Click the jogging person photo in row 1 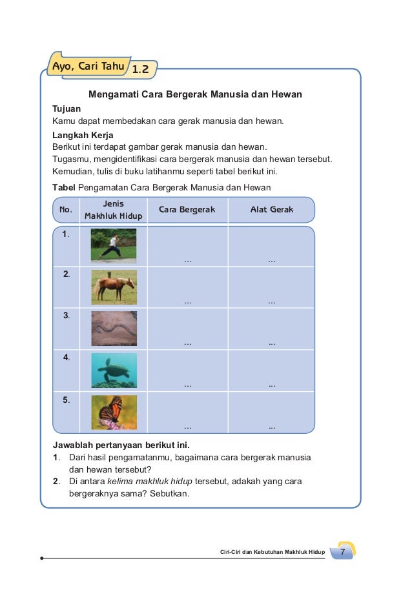coord(114,245)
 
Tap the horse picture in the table coord(114,287)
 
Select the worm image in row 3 coord(114,329)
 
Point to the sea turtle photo coord(114,370)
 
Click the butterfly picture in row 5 coord(114,412)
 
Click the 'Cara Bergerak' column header coord(187,210)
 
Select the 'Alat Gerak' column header coord(271,210)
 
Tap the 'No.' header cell coord(65,210)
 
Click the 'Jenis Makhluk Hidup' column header coord(113,210)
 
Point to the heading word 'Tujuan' coord(67,109)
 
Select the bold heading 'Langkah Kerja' coord(83,136)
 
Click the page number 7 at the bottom coord(343,552)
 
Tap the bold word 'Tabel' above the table coord(64,188)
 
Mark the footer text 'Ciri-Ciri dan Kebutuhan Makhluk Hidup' coord(272,553)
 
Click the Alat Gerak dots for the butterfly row coord(272,427)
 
